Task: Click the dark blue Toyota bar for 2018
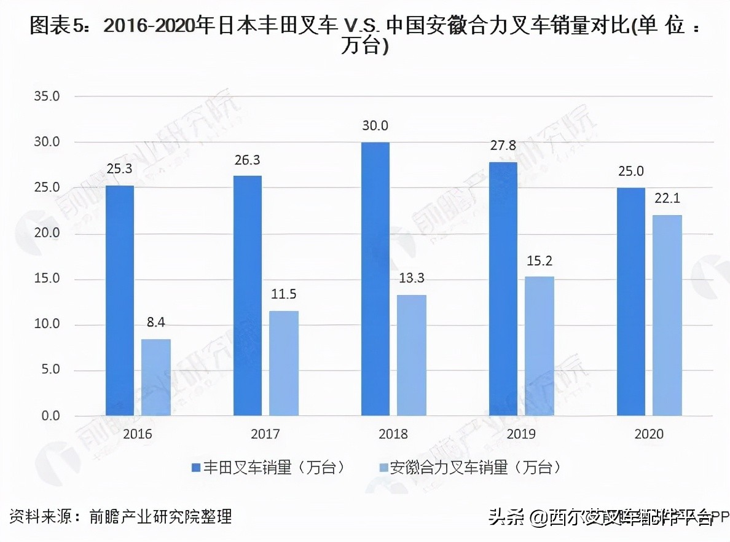pyautogui.click(x=375, y=279)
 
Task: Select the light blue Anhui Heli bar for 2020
pyautogui.click(x=667, y=315)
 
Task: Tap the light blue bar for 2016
pyautogui.click(x=156, y=377)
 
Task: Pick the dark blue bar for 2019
pyautogui.click(x=503, y=289)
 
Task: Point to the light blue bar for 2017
pyautogui.click(x=284, y=363)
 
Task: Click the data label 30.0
pyautogui.click(x=375, y=126)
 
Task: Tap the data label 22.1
pyautogui.click(x=667, y=199)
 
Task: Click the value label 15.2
pyautogui.click(x=540, y=261)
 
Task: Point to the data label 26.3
pyautogui.click(x=247, y=160)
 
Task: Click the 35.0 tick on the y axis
pyautogui.click(x=47, y=97)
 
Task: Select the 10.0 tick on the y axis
pyautogui.click(x=47, y=325)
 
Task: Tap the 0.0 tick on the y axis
pyautogui.click(x=49, y=416)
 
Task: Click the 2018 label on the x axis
pyautogui.click(x=393, y=434)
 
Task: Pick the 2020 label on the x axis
pyautogui.click(x=649, y=434)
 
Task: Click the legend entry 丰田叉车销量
pyautogui.click(x=268, y=468)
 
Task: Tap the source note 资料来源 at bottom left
pyautogui.click(x=121, y=516)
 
